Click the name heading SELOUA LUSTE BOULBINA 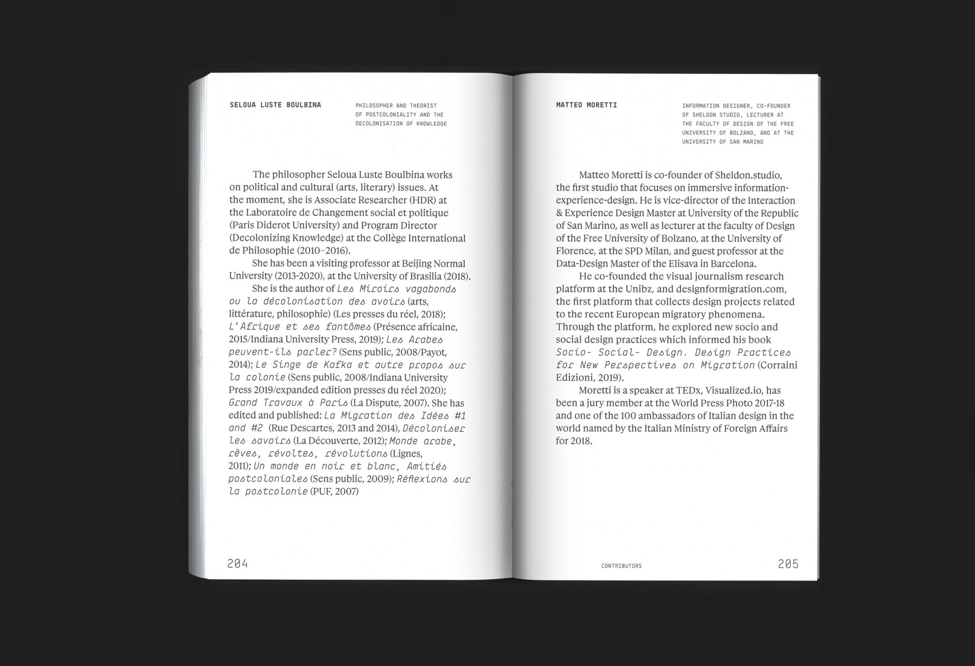(x=275, y=105)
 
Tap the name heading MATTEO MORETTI (x=586, y=105)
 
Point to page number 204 (x=238, y=563)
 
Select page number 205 (x=788, y=563)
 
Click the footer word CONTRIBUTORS (x=622, y=566)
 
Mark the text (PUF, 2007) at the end (x=334, y=492)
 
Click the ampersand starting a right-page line (x=559, y=213)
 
